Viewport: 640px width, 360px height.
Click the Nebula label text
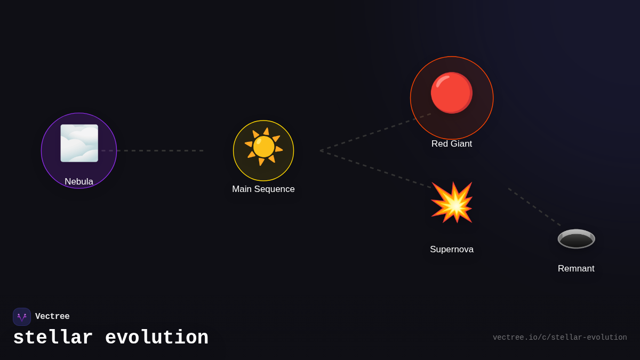point(79,182)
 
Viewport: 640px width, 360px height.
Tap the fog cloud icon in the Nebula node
point(79,143)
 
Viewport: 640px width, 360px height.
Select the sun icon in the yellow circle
point(263,147)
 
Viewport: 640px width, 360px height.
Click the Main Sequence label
point(263,189)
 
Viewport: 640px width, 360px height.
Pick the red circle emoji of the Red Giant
point(452,93)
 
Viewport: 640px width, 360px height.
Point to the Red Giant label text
point(452,144)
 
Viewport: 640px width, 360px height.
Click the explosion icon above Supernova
point(452,203)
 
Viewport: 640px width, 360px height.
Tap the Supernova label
point(452,250)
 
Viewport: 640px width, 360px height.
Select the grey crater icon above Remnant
point(576,238)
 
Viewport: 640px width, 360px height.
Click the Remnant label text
point(576,269)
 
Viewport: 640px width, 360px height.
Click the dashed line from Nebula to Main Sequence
point(155,150)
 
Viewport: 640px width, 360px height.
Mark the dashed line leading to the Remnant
point(533,206)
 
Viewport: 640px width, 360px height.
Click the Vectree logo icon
point(22,317)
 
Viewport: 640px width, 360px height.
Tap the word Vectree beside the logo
point(52,317)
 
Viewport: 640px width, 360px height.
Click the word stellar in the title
point(53,338)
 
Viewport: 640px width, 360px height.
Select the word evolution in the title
point(157,338)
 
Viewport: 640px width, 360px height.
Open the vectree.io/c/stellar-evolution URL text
point(559,338)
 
